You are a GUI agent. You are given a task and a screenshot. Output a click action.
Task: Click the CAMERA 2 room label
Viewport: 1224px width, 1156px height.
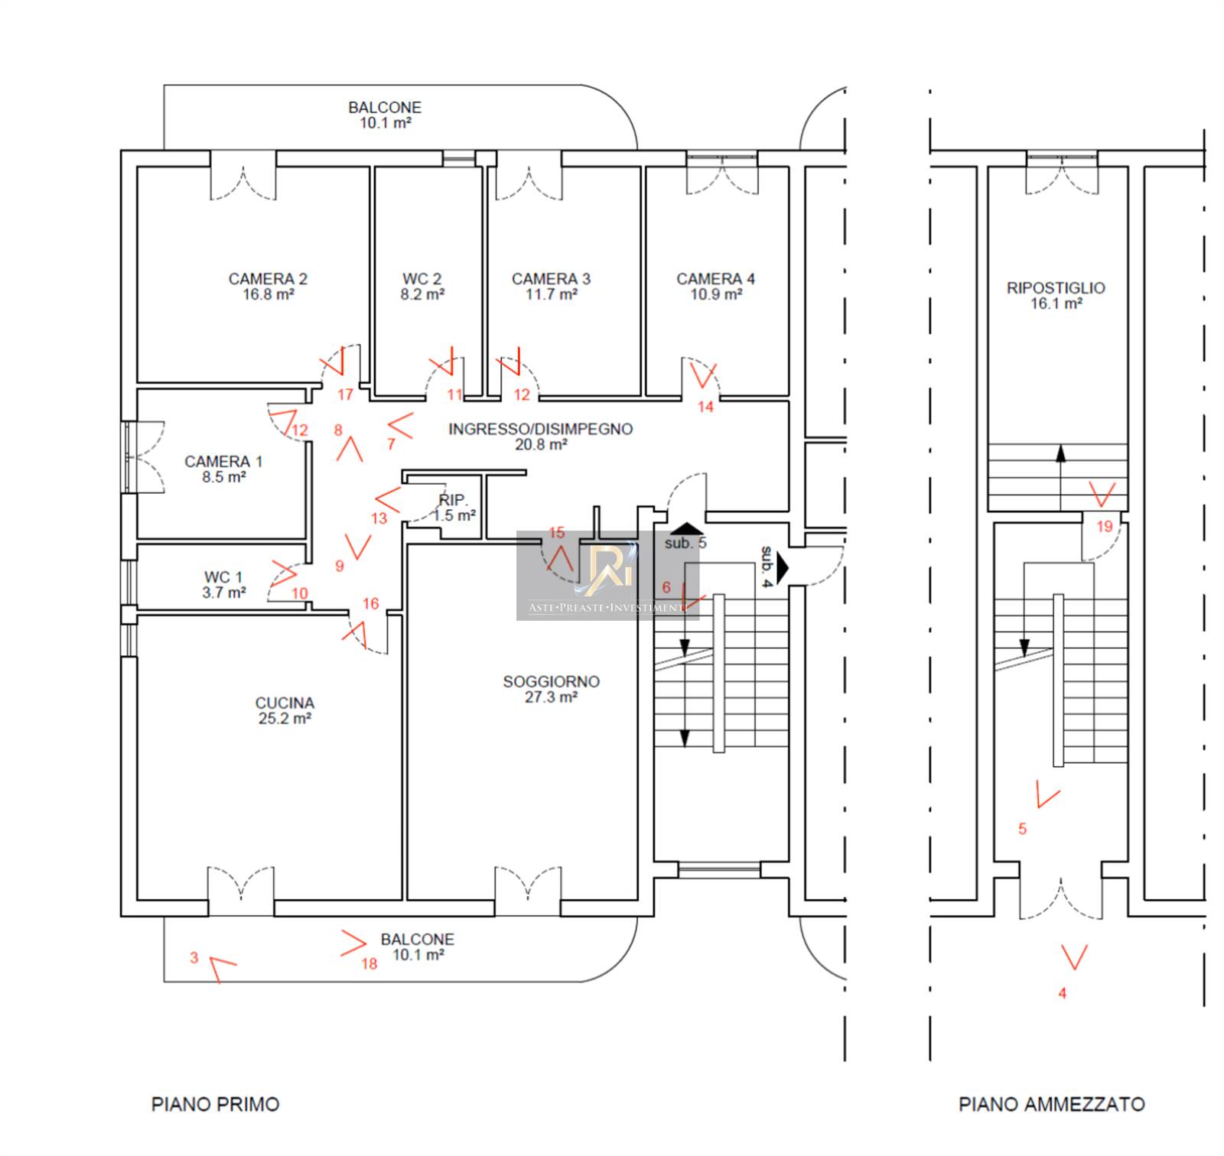pos(268,279)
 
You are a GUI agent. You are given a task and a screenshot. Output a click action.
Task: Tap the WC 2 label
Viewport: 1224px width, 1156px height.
pos(422,279)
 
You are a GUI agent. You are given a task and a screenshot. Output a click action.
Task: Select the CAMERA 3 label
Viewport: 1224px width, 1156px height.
pos(551,279)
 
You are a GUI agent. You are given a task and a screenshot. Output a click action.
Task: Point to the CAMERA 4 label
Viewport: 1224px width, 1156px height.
pos(715,279)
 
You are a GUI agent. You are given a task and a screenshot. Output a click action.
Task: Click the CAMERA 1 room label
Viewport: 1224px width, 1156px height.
pos(223,462)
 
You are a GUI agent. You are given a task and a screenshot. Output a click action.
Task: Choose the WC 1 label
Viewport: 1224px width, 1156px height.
pos(223,577)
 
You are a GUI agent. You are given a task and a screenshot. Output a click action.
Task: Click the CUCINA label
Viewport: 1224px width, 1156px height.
pos(285,703)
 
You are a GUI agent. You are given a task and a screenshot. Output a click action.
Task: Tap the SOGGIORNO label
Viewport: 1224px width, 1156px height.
pos(551,681)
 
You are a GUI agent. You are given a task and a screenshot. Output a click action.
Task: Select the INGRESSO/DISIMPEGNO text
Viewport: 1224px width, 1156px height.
pos(540,429)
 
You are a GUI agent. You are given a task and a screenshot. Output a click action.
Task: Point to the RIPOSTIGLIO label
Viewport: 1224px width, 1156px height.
pos(1056,288)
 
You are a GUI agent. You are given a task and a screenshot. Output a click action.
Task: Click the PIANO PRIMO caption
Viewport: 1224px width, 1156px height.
pos(215,1104)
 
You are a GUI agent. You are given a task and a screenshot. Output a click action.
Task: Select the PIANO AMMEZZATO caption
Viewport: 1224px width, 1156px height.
pos(1052,1104)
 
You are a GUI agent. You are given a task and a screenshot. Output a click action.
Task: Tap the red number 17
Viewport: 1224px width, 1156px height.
pos(345,395)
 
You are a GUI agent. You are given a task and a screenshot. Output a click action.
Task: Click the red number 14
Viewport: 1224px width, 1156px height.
pos(705,407)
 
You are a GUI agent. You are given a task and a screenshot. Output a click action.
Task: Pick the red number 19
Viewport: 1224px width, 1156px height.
pos(1104,526)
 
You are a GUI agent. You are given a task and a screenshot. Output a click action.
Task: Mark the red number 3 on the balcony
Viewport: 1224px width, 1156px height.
pos(194,957)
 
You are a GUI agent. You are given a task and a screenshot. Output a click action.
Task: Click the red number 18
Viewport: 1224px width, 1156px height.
pos(369,964)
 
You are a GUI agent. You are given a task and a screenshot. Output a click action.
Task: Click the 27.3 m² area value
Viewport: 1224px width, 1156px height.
pos(551,697)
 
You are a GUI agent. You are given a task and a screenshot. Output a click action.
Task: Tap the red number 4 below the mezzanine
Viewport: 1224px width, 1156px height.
pos(1062,993)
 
